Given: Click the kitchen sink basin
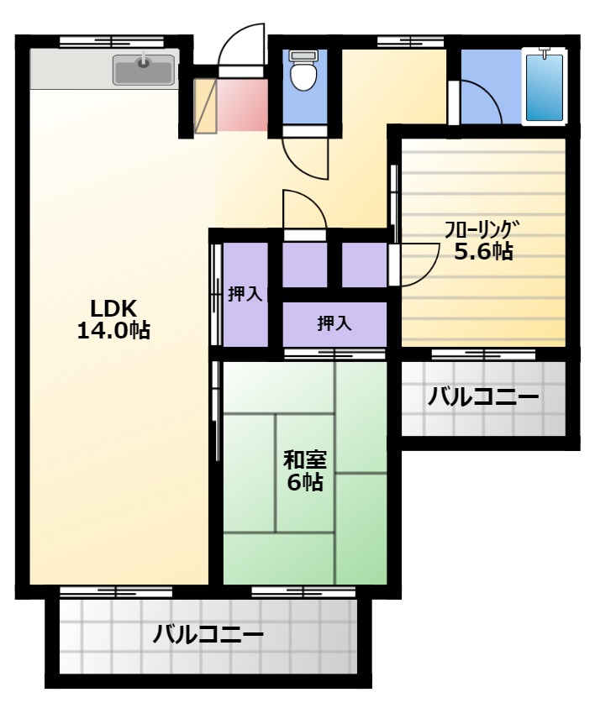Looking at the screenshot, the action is click(x=144, y=70).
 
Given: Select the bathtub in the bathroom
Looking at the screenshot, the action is click(x=545, y=87).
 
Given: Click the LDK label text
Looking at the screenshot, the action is click(x=113, y=309).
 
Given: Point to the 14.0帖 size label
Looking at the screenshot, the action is click(x=113, y=331).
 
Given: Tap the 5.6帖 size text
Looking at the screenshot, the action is click(x=484, y=252).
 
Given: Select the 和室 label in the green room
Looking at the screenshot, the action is click(x=305, y=459).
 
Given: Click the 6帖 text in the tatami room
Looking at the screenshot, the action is click(x=305, y=482).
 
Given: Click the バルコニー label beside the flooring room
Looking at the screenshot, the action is click(x=483, y=396).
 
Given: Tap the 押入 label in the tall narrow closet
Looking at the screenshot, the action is click(x=245, y=295).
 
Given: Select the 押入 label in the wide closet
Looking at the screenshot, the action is click(x=334, y=323).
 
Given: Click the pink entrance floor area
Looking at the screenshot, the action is click(x=242, y=105).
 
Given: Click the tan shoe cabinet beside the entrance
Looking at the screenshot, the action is click(x=206, y=107).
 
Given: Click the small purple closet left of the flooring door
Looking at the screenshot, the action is click(x=364, y=265).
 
